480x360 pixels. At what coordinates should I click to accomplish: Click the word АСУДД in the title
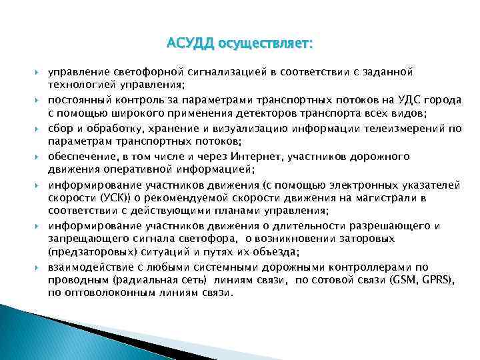coord(190,44)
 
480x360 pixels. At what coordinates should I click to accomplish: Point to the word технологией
coord(81,85)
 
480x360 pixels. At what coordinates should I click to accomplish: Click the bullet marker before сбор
coord(39,127)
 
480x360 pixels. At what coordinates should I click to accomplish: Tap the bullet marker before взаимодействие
coord(39,267)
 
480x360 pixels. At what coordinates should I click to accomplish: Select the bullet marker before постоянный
coord(39,99)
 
